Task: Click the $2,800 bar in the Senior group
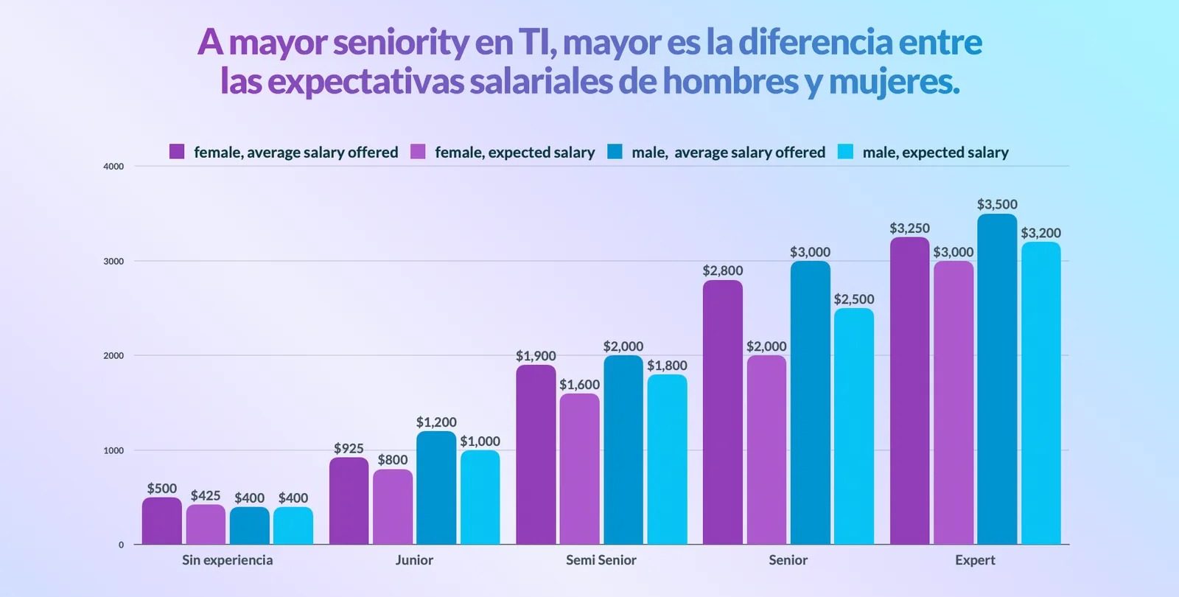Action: point(722,413)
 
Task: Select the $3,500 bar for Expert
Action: point(997,380)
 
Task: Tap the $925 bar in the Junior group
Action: point(349,501)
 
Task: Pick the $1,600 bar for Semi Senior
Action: point(579,469)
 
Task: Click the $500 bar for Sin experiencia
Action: point(161,521)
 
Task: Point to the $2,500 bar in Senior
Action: point(854,427)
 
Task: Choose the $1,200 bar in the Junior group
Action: point(436,488)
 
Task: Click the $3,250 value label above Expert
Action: point(909,228)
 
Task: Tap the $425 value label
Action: point(206,496)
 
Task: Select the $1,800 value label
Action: point(667,366)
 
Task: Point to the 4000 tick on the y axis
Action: point(113,167)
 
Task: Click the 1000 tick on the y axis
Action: point(113,450)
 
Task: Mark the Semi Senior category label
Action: point(601,560)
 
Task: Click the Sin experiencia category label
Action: point(227,560)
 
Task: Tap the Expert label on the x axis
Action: point(975,560)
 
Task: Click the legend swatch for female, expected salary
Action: point(418,152)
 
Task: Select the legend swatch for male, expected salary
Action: point(845,152)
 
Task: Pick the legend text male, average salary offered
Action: point(728,153)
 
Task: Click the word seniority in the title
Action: point(401,43)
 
